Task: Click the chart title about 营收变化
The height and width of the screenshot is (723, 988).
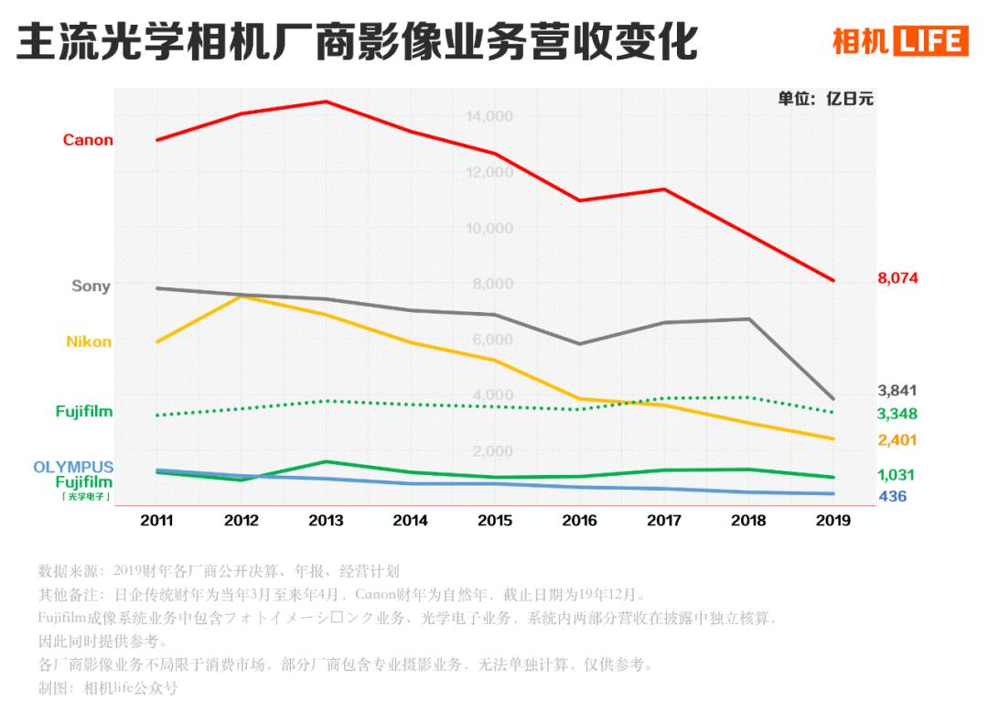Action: (357, 42)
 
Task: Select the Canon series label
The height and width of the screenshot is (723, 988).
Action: (88, 140)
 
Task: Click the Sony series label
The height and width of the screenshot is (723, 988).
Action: (91, 286)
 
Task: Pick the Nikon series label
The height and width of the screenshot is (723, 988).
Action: (89, 341)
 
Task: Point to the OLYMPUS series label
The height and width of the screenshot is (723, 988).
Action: (73, 467)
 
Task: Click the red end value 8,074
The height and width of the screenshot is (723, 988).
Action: (897, 278)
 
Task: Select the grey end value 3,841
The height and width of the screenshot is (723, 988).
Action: (897, 391)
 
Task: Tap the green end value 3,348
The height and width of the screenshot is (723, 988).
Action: (897, 414)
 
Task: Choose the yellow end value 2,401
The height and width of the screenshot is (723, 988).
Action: (897, 440)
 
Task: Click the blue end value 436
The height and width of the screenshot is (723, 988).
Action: (893, 497)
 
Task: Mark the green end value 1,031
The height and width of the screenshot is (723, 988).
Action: (897, 475)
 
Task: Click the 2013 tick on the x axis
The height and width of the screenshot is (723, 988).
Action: (326, 521)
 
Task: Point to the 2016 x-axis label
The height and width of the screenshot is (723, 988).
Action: (578, 521)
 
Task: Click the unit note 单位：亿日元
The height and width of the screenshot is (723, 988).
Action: (825, 99)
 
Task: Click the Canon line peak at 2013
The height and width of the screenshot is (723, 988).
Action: (327, 102)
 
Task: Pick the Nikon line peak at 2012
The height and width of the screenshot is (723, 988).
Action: (242, 297)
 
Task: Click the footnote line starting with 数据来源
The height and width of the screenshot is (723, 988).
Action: (219, 571)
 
